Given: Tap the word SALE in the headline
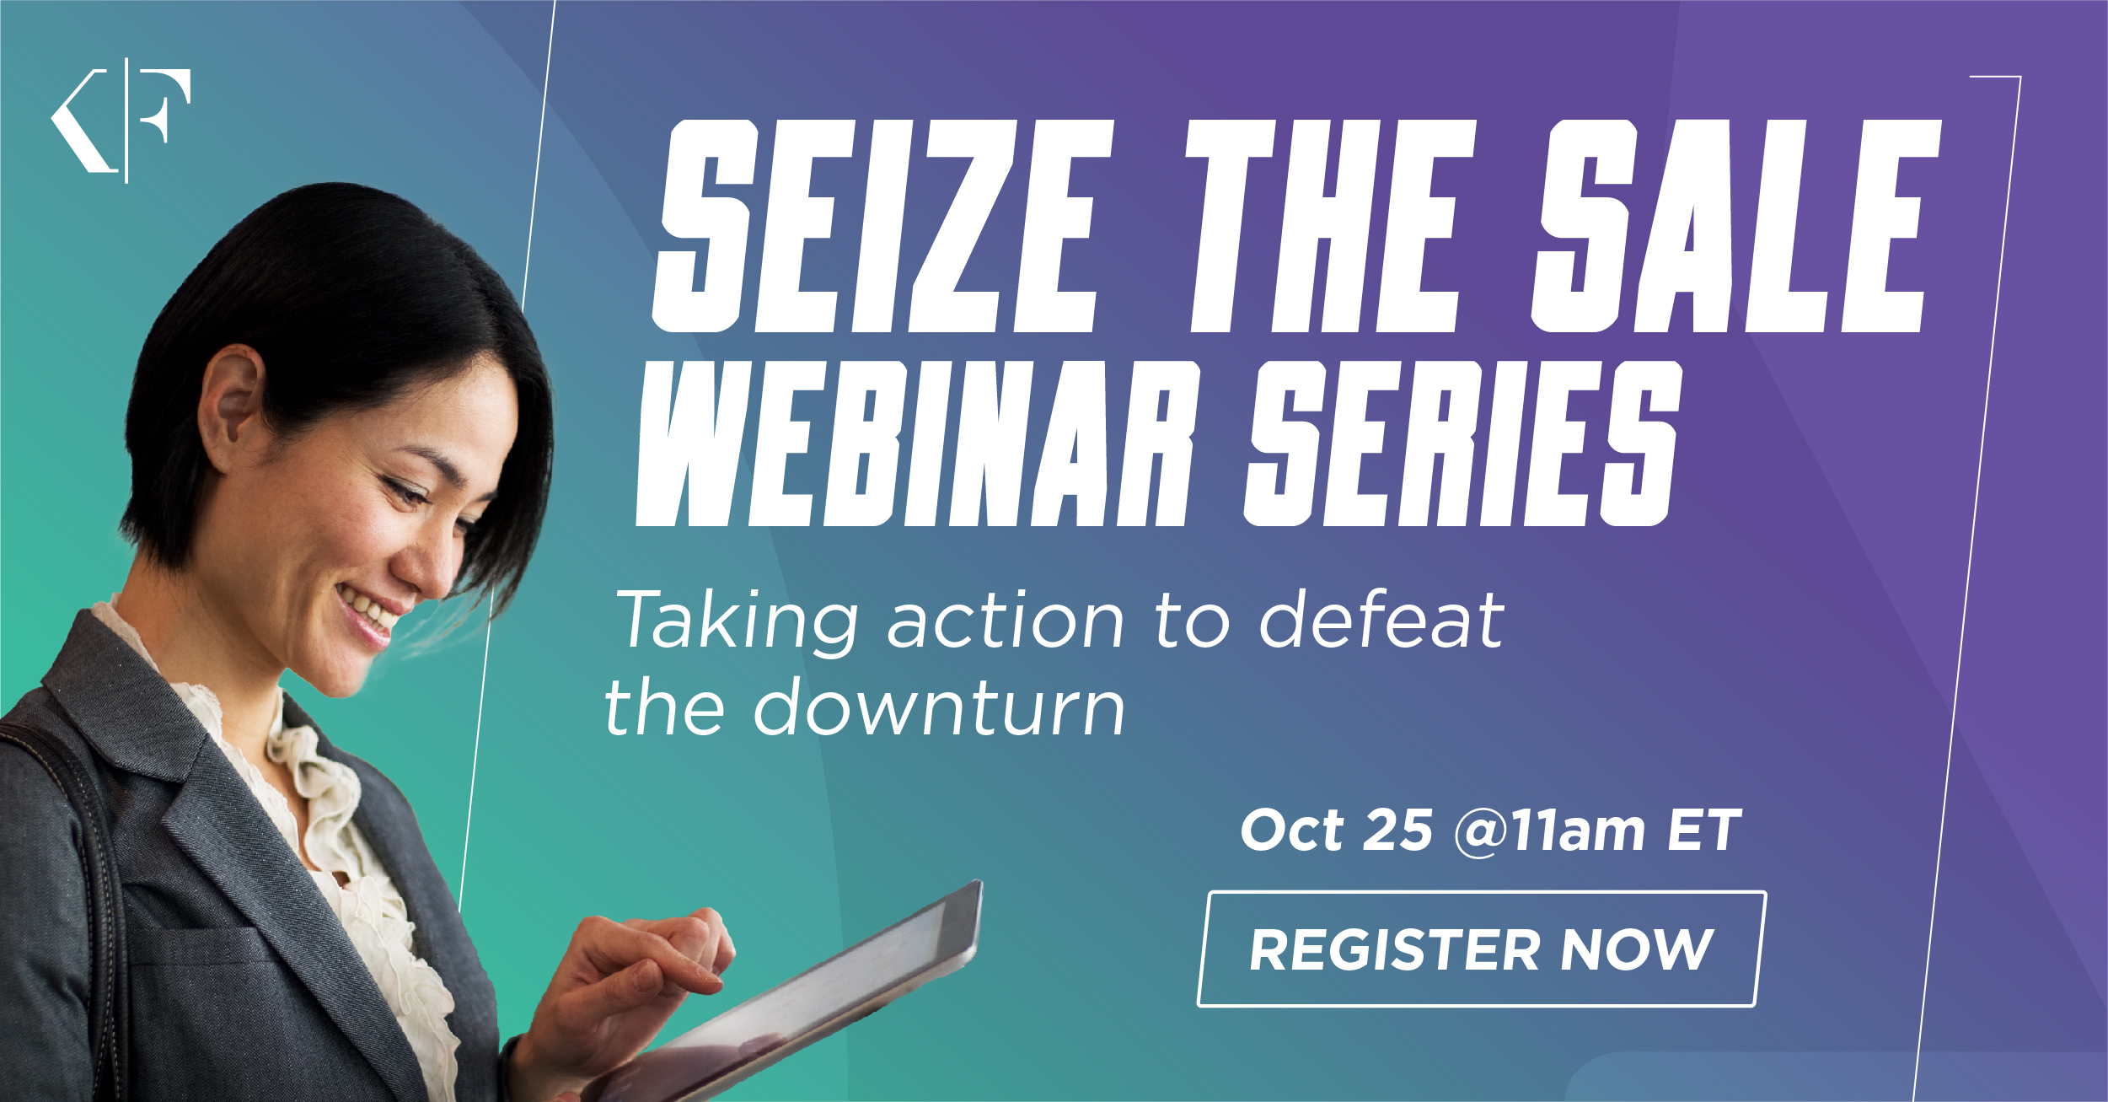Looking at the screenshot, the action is click(x=1736, y=226).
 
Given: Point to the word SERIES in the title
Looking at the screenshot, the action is click(x=1463, y=444).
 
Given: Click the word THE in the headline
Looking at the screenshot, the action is click(x=1330, y=226).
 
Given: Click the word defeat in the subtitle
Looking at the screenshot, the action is click(x=1382, y=620).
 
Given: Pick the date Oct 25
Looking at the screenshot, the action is click(x=1337, y=830).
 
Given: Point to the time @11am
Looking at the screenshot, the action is click(x=1549, y=831).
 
